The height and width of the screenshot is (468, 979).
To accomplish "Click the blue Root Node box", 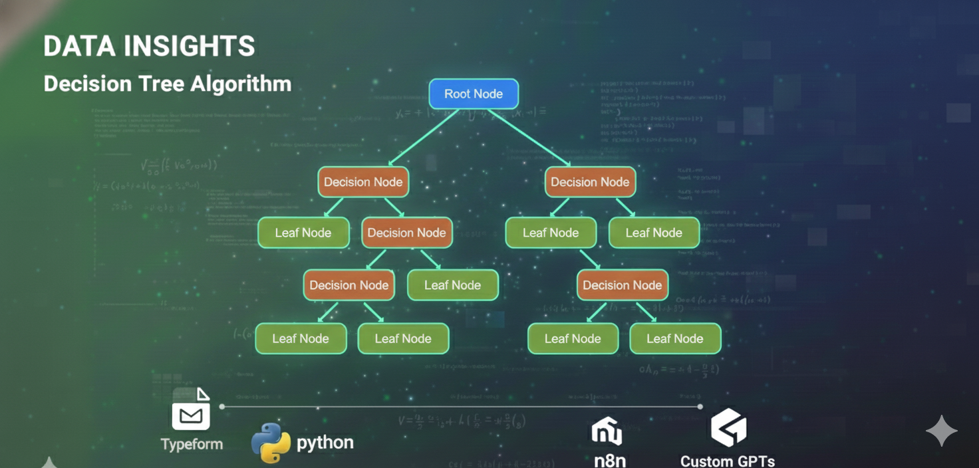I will (473, 94).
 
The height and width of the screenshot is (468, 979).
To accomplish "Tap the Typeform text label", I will (192, 444).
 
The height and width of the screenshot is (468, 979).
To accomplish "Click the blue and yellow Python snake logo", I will (271, 443).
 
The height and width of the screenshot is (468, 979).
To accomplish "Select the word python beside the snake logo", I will (325, 443).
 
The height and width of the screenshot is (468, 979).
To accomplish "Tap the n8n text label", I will (609, 460).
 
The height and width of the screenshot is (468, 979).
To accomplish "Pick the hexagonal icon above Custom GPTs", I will (728, 427).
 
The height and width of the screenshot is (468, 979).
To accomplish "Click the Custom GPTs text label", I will (728, 461).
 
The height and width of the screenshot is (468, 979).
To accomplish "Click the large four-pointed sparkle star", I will (942, 431).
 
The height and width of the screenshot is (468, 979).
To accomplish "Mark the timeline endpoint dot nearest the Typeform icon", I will (222, 406).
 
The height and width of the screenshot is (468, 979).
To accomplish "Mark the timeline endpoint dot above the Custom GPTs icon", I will (700, 406).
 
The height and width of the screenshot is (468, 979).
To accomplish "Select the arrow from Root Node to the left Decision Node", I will (424, 136).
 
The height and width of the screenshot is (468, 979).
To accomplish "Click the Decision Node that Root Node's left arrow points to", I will (363, 182).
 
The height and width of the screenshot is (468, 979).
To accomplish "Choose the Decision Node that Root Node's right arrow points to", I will (590, 182).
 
